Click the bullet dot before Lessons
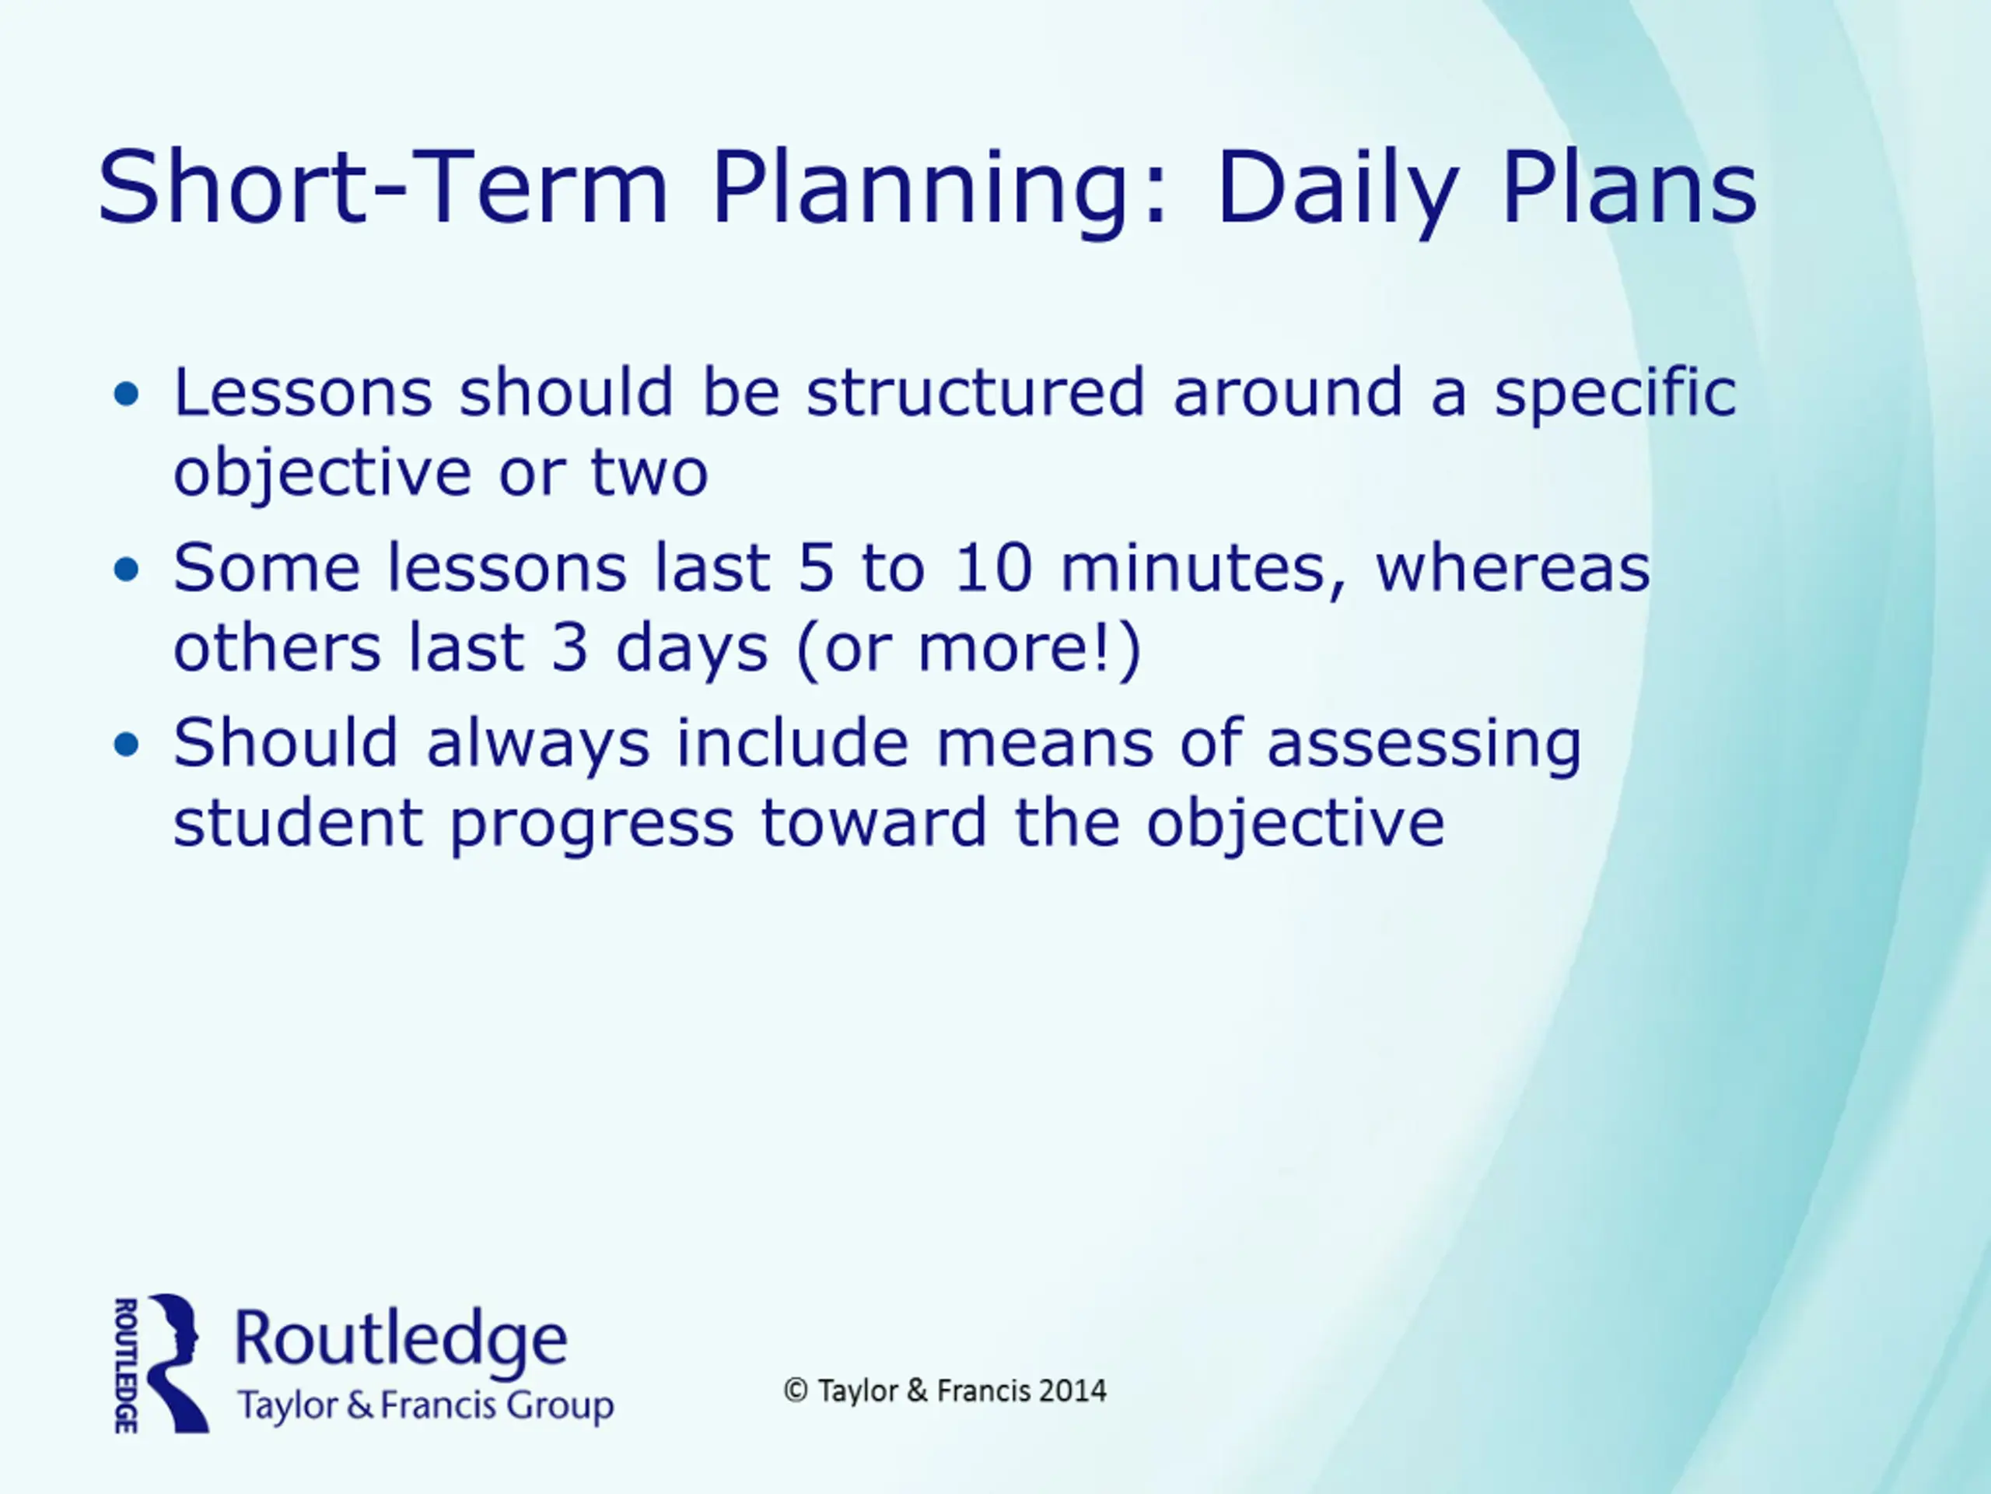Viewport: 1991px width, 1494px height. click(127, 394)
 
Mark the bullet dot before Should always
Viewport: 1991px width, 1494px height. click(127, 744)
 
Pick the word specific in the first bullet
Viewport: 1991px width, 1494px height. click(1615, 395)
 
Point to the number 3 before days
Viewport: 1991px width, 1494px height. click(570, 647)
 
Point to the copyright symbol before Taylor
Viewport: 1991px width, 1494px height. click(796, 1391)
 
